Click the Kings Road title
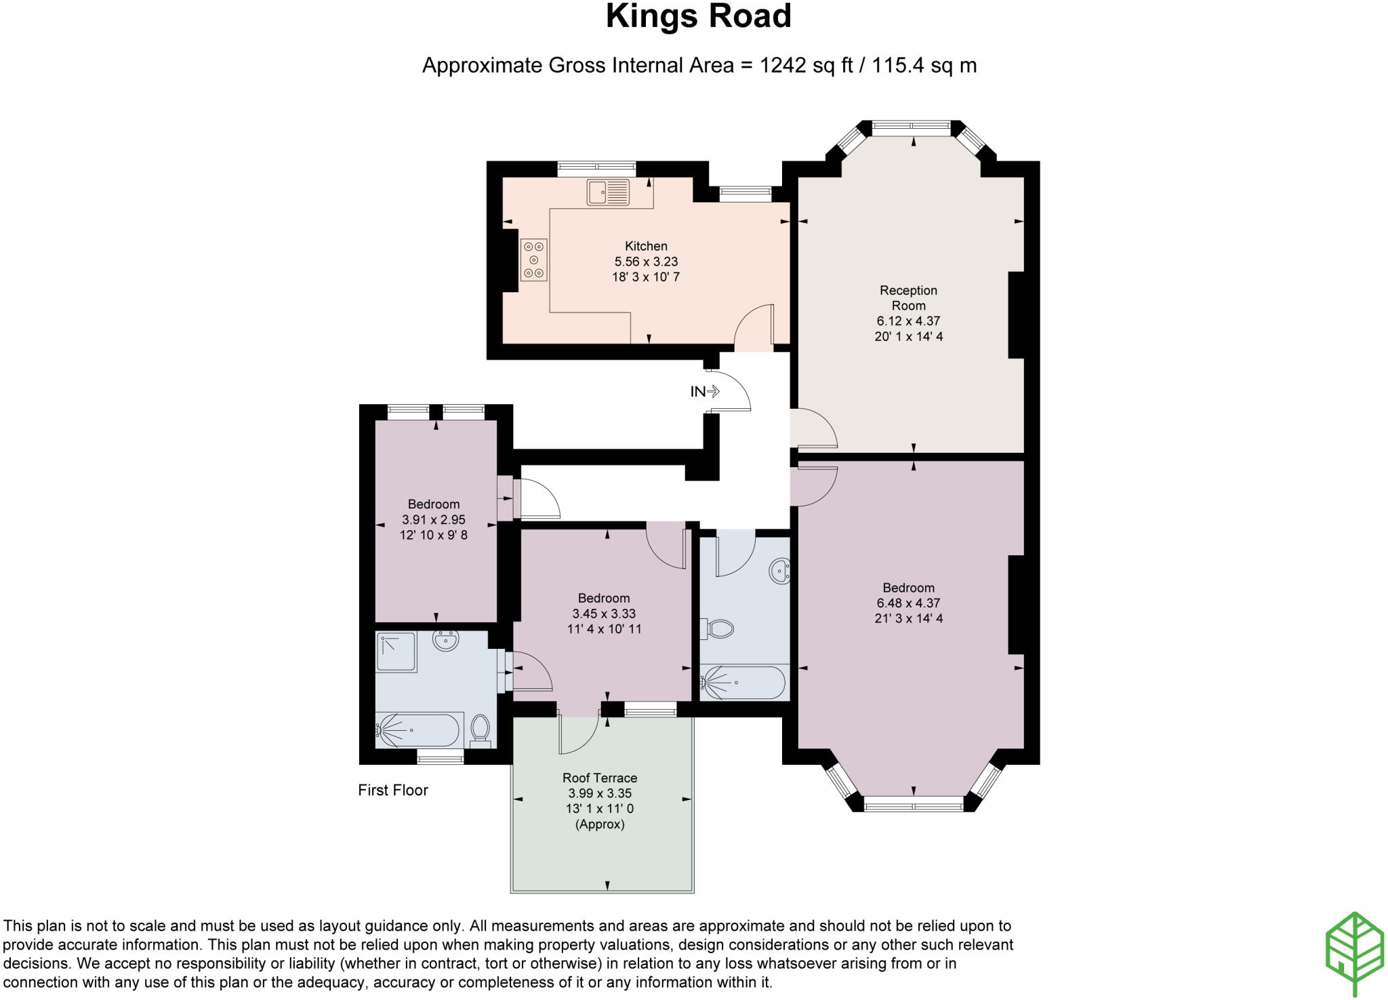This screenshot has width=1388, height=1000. (x=698, y=16)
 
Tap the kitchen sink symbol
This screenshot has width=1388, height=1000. (x=608, y=193)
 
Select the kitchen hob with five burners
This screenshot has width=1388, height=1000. (x=534, y=260)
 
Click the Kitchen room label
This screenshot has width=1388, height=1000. (x=646, y=246)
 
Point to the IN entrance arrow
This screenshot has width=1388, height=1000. (x=705, y=391)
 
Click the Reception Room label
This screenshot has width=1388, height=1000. (x=908, y=298)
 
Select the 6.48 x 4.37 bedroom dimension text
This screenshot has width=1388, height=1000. (x=908, y=603)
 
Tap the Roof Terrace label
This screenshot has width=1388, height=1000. (x=600, y=778)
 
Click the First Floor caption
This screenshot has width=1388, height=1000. (x=393, y=790)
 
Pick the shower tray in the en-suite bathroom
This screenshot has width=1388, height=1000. (x=396, y=652)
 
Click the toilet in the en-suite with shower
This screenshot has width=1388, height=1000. (x=481, y=729)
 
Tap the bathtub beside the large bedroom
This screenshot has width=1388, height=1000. (x=744, y=683)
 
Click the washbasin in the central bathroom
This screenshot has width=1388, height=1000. (x=780, y=572)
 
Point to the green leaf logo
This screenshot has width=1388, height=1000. (x=1354, y=953)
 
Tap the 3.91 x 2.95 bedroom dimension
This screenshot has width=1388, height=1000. (x=434, y=520)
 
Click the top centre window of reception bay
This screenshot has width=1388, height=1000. (x=912, y=125)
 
